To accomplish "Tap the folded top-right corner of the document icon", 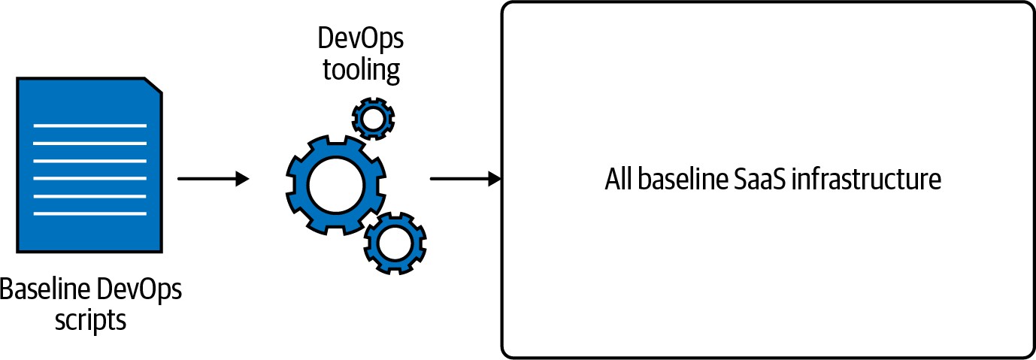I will (153, 86).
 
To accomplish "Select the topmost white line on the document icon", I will (90, 126).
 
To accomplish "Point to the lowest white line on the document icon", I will (90, 213).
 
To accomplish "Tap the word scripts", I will (90, 320).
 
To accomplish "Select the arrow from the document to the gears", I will (213, 179).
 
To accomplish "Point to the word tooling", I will (361, 70).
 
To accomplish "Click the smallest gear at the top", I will (373, 118).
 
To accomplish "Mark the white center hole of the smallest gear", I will (373, 118).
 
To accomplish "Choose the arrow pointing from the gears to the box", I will (465, 179).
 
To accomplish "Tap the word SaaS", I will (759, 181).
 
